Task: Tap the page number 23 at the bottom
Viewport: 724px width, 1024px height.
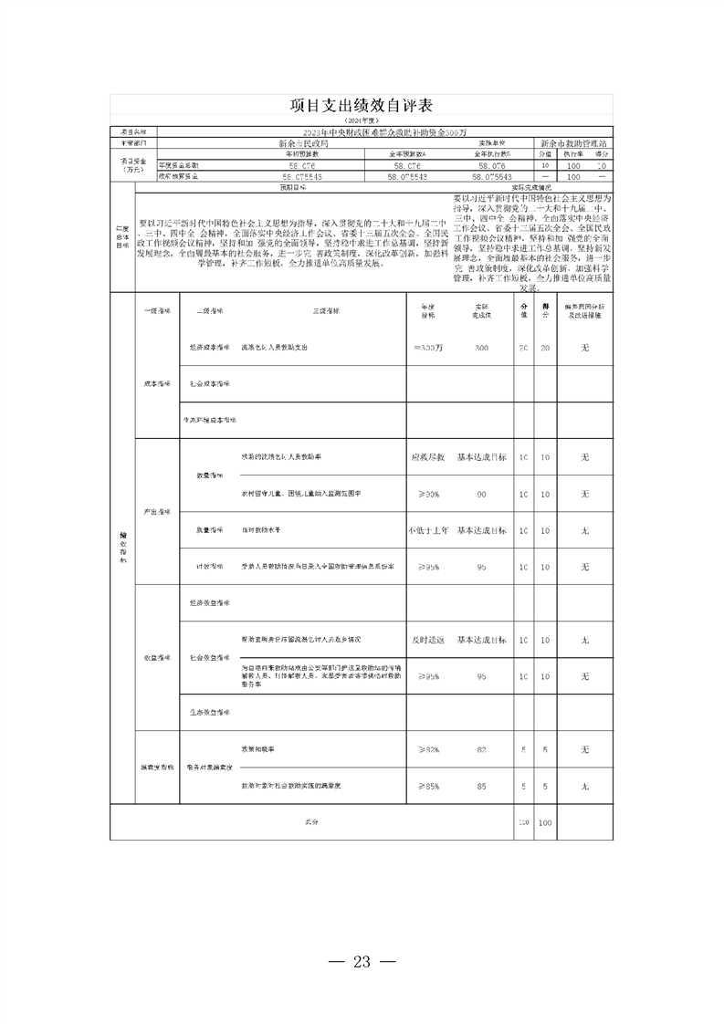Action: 362,961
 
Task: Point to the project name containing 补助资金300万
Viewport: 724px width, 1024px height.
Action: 383,132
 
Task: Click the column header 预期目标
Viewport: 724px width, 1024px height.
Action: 291,187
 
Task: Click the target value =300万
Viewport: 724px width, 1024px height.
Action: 428,348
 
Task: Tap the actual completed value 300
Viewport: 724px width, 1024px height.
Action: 481,348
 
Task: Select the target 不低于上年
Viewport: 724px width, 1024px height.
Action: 428,530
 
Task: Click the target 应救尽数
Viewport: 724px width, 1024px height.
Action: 428,456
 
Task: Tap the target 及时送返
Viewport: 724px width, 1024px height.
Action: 428,640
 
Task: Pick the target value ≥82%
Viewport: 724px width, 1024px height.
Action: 428,749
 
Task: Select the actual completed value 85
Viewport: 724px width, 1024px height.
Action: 481,786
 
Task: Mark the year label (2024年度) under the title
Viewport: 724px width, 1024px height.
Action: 362,120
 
